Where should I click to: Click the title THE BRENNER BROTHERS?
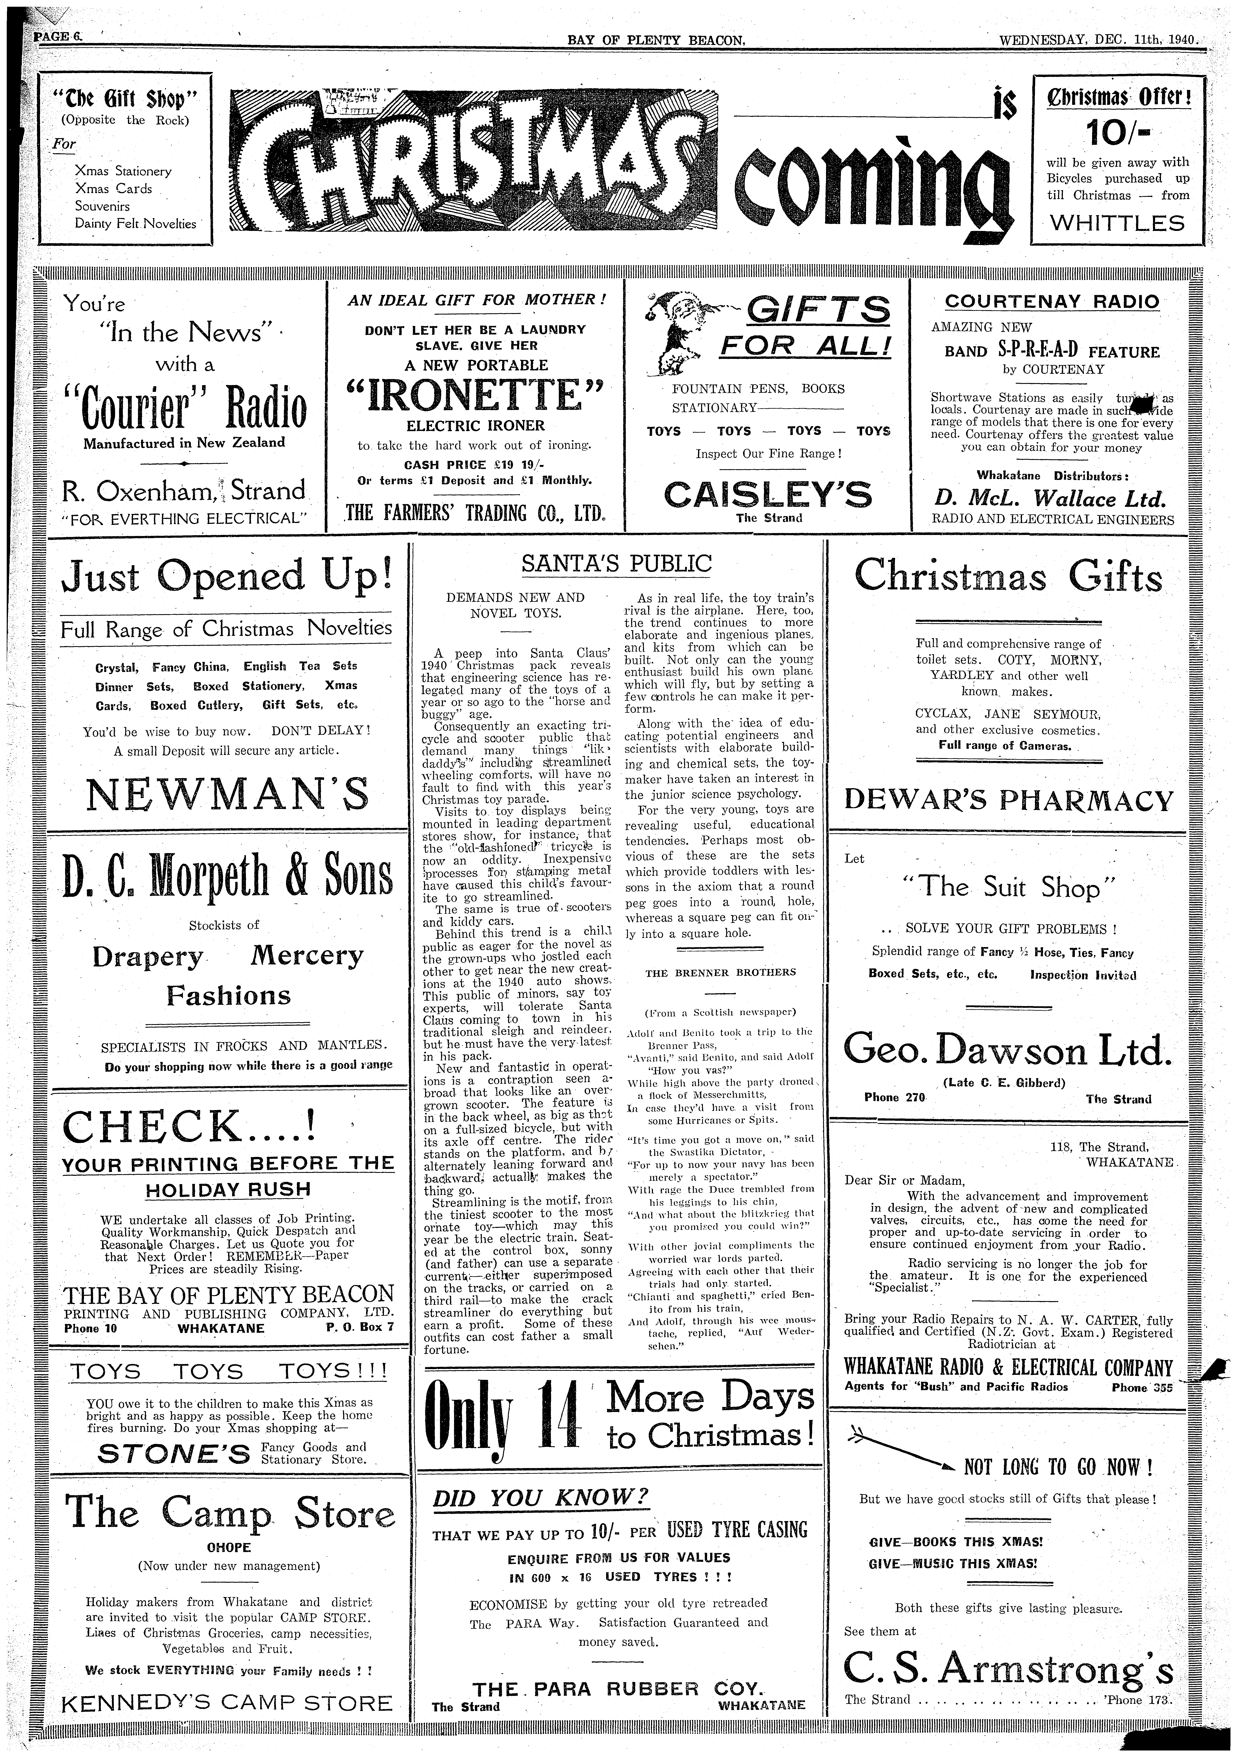click(721, 973)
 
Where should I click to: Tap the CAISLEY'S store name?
click(768, 494)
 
